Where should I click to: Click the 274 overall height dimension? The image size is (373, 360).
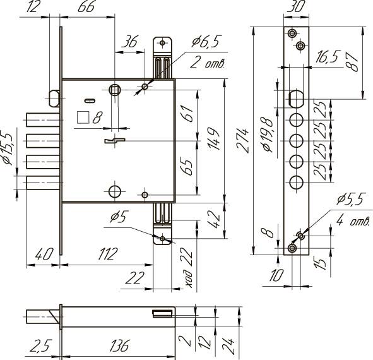[x=242, y=140]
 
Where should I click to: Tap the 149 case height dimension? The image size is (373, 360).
[x=213, y=138]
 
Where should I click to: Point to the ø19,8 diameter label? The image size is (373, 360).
[x=268, y=135]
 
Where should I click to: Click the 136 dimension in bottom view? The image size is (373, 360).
[x=119, y=345]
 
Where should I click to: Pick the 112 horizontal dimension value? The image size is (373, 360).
[x=108, y=254]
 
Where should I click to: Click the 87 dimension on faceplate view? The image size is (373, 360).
[x=353, y=62]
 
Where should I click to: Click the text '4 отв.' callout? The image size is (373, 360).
[x=353, y=221]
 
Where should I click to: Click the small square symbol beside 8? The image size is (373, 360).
[x=83, y=117]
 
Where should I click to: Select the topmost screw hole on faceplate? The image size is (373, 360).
[x=292, y=33]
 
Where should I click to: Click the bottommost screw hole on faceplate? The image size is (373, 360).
[x=292, y=248]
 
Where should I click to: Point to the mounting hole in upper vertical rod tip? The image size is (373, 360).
[x=162, y=43]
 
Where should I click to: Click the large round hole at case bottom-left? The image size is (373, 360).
[x=115, y=191]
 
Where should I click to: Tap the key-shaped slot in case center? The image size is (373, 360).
[x=115, y=141]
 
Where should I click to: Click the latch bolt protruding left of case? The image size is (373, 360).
[x=54, y=99]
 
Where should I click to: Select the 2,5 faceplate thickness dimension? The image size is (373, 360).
[x=40, y=345]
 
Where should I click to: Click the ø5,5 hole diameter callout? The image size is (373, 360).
[x=351, y=199]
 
